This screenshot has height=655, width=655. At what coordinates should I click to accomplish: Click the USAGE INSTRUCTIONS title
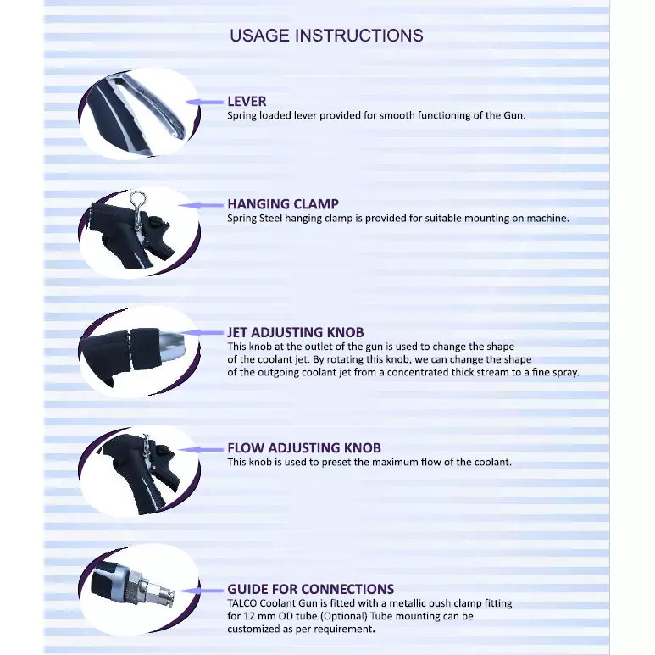(x=326, y=36)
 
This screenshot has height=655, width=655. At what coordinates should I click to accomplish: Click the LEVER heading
(x=247, y=102)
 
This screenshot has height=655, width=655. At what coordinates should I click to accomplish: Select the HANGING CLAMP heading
(x=283, y=204)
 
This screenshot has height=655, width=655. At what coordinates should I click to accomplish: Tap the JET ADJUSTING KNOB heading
(x=296, y=333)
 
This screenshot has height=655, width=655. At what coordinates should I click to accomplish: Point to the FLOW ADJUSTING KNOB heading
(x=304, y=448)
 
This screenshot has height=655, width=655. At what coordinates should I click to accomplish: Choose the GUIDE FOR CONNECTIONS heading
(x=310, y=589)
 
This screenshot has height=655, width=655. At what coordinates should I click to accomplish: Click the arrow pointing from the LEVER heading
(x=205, y=102)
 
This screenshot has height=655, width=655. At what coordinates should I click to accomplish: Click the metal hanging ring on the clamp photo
(x=133, y=202)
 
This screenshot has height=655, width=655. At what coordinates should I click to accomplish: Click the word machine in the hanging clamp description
(x=547, y=218)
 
